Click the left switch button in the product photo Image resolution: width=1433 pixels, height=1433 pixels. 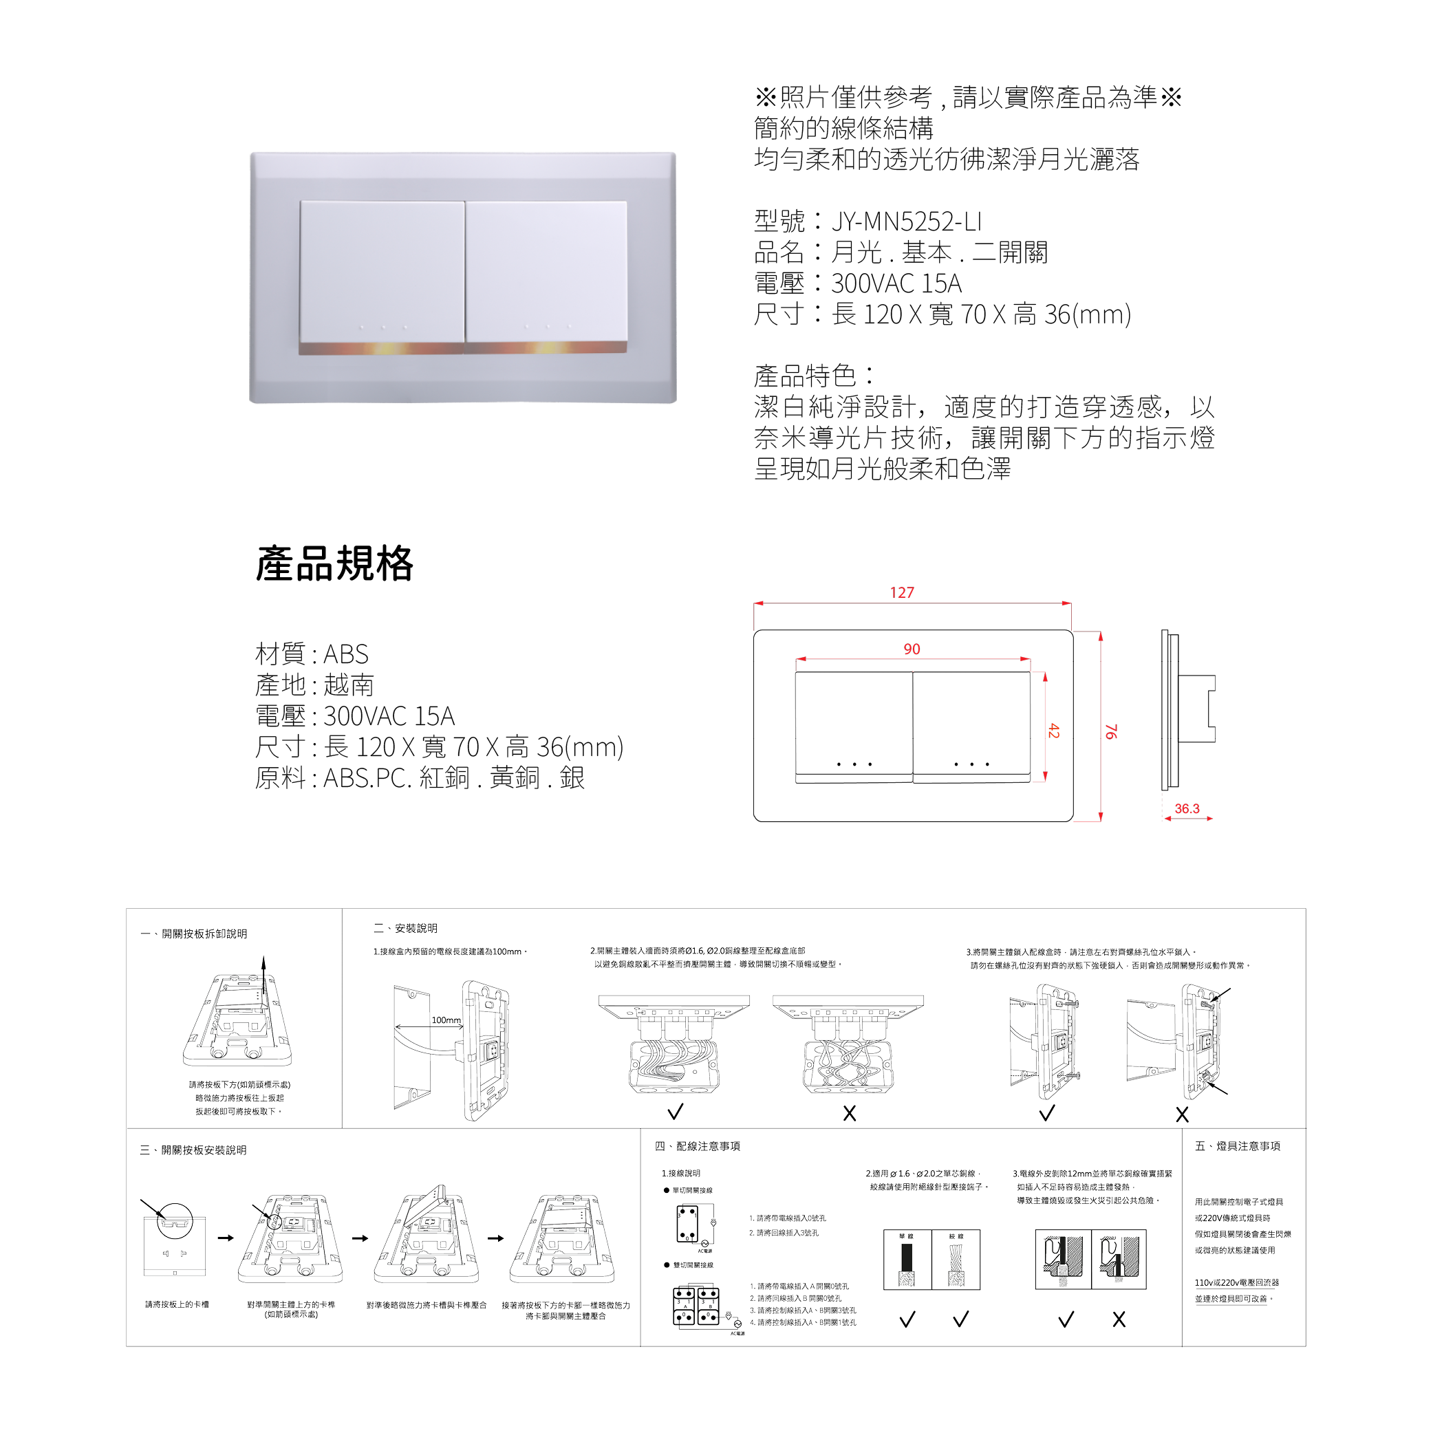tap(382, 271)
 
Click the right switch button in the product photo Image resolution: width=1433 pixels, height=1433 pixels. tap(547, 271)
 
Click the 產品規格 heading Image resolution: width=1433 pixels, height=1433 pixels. tap(334, 563)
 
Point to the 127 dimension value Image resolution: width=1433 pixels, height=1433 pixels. tap(902, 592)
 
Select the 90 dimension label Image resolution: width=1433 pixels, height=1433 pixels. tap(912, 649)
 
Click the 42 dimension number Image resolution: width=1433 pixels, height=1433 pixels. tap(1054, 731)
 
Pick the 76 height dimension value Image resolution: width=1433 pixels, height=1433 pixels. tap(1110, 732)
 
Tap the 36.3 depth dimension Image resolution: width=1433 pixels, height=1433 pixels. tap(1187, 808)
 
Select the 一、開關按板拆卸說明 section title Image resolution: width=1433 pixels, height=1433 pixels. tap(194, 934)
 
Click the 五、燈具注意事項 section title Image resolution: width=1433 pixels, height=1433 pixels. tap(1237, 1146)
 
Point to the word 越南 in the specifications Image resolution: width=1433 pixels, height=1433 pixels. tap(349, 685)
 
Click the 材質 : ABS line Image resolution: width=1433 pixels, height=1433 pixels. tap(312, 654)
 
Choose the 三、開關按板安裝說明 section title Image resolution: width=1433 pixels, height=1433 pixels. tap(193, 1150)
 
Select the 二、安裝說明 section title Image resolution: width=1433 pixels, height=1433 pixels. tap(406, 928)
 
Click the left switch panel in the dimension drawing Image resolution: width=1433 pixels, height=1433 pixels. tap(854, 727)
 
